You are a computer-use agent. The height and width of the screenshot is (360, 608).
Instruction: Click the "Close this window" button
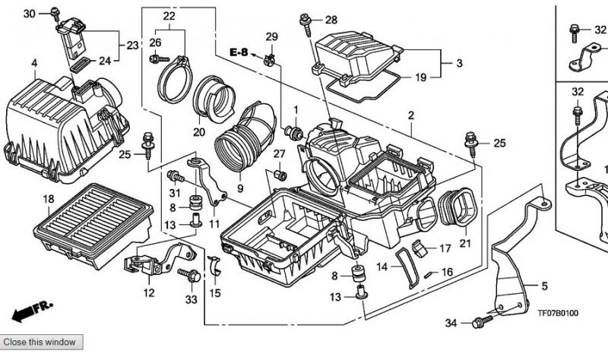pyautogui.click(x=41, y=343)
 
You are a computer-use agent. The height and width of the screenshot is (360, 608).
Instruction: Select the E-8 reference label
pyautogui.click(x=238, y=52)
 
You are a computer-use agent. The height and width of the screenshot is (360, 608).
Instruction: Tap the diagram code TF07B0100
pyautogui.click(x=558, y=313)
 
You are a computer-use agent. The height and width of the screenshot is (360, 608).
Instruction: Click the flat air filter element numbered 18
pyautogui.click(x=93, y=225)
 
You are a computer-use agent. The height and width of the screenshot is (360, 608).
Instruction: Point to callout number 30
pyautogui.click(x=29, y=14)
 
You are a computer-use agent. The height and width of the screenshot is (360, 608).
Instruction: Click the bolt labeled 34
pyautogui.click(x=482, y=321)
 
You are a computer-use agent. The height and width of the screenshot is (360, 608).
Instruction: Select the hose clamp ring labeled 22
pyautogui.click(x=174, y=81)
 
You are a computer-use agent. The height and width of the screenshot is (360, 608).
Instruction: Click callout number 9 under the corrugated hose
pyautogui.click(x=240, y=188)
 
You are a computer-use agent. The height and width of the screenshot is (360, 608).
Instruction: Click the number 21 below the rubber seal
pyautogui.click(x=465, y=243)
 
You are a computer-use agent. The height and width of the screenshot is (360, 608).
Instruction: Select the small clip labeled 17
pyautogui.click(x=420, y=248)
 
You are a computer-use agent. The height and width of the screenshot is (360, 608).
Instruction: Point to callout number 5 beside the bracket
pyautogui.click(x=544, y=286)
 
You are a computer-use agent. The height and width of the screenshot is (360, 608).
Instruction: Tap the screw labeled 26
pyautogui.click(x=159, y=59)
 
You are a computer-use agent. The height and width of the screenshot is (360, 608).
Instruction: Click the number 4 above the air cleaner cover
pyautogui.click(x=34, y=63)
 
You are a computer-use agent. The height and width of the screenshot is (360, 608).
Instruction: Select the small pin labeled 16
pyautogui.click(x=429, y=274)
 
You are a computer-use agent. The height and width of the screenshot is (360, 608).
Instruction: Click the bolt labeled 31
pyautogui.click(x=176, y=177)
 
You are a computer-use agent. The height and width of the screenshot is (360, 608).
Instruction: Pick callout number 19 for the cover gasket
pyautogui.click(x=421, y=77)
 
